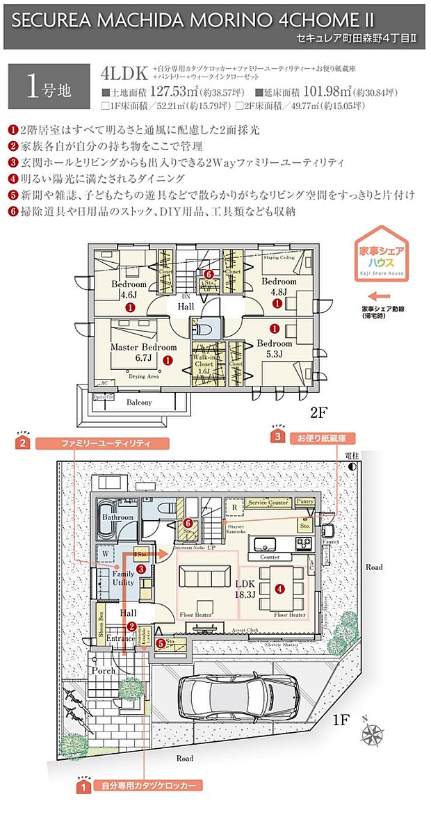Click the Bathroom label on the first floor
(117, 517)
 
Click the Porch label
(103, 670)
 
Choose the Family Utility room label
(124, 578)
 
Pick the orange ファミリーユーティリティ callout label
(104, 442)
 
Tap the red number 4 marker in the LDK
(279, 588)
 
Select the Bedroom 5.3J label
(274, 348)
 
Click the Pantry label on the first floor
(304, 501)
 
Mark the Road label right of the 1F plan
(374, 567)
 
